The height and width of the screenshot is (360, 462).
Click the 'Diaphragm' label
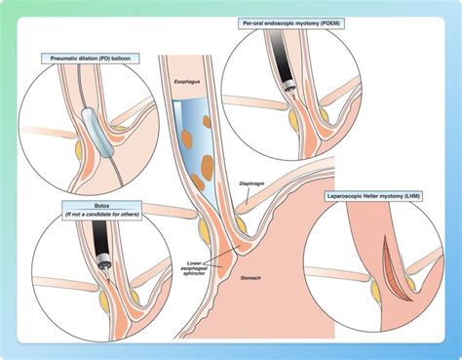pyautogui.click(x=250, y=183)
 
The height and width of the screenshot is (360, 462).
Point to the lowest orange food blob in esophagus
pyautogui.click(x=199, y=180)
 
